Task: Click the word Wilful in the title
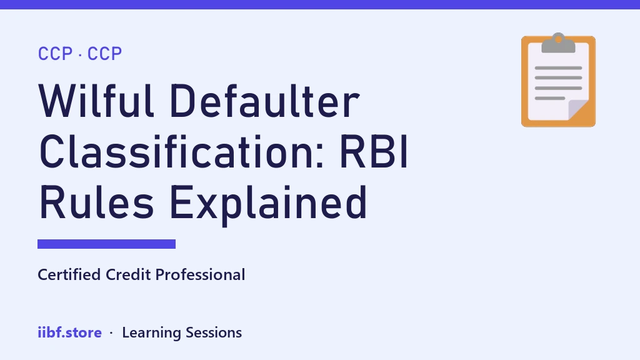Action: tap(96, 101)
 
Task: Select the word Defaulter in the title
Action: tap(264, 101)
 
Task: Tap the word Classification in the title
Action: tap(182, 151)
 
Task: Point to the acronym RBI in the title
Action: tap(374, 151)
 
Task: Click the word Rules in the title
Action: tap(96, 202)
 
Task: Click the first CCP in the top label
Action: tap(55, 54)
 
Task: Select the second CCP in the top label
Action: tap(104, 54)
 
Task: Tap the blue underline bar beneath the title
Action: tap(106, 244)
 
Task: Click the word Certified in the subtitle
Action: tap(69, 275)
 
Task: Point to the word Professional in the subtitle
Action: tap(201, 275)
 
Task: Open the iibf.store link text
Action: tap(70, 332)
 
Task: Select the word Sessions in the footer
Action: tap(214, 333)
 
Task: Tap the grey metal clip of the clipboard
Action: tap(558, 43)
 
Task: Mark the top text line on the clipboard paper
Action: tap(558, 67)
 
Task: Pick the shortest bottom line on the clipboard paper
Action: tap(550, 98)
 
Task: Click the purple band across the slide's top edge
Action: tap(320, 4)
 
